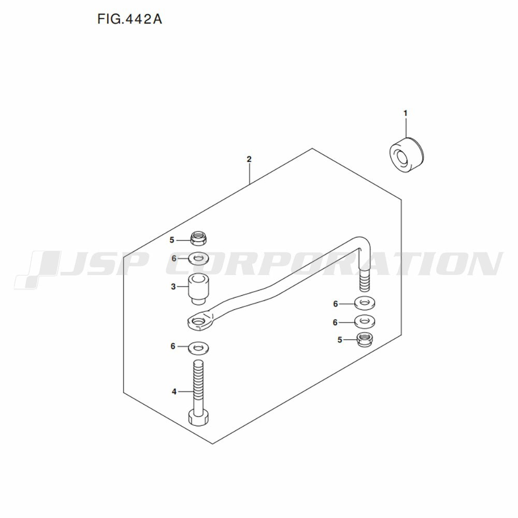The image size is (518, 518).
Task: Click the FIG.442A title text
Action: [x=129, y=19]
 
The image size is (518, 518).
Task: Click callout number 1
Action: [x=406, y=113]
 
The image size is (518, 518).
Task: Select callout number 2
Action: [x=249, y=159]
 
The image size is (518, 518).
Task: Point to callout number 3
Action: [x=174, y=286]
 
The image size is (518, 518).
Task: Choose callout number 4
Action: [x=174, y=392]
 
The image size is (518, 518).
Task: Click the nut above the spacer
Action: [x=199, y=238]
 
